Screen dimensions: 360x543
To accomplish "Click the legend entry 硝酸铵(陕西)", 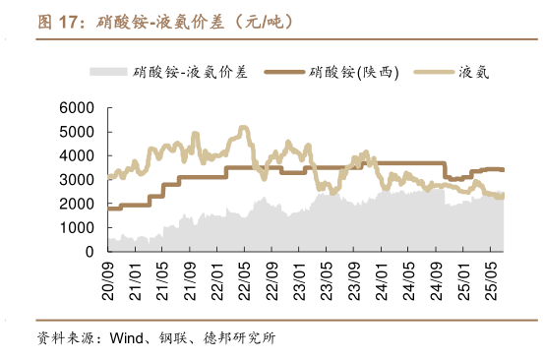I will (x=354, y=71).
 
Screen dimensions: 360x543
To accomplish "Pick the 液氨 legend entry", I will (x=474, y=71).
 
